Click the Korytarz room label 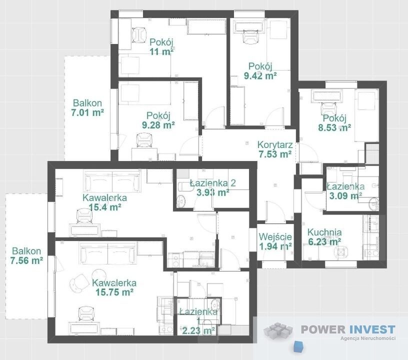pyautogui.click(x=275, y=144)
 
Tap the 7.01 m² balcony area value pyautogui.click(x=87, y=113)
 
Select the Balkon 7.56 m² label pyautogui.click(x=26, y=255)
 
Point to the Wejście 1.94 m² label pyautogui.click(x=275, y=241)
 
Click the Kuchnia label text pyautogui.click(x=324, y=232)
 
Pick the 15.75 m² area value pyautogui.click(x=114, y=292)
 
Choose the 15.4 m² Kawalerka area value pyautogui.click(x=104, y=207)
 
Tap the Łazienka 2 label pyautogui.click(x=213, y=183)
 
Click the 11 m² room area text pyautogui.click(x=161, y=51)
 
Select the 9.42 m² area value pyautogui.click(x=260, y=75)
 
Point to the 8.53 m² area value pyautogui.click(x=334, y=127)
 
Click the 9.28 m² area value pyautogui.click(x=158, y=125)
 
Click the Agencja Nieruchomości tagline pyautogui.click(x=368, y=338)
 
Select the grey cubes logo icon pyautogui.click(x=278, y=330)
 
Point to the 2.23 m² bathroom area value pyautogui.click(x=199, y=330)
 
